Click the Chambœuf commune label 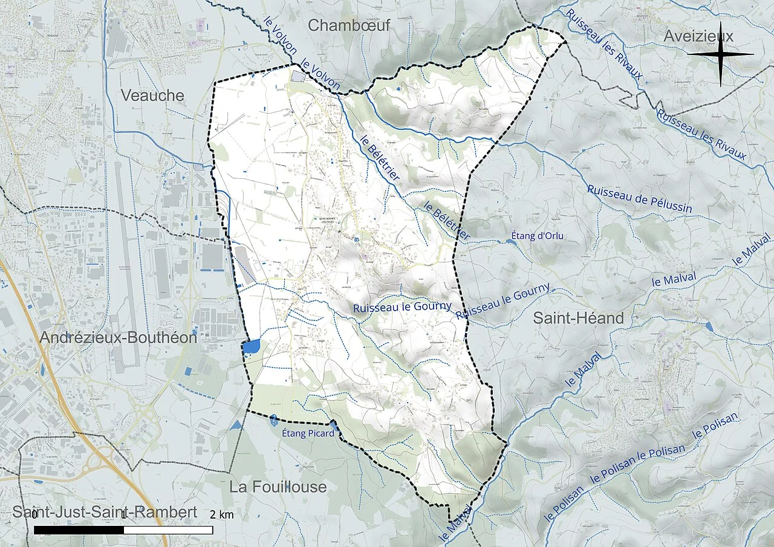[x=349, y=25]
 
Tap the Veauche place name [x=152, y=95]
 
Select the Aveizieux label [x=698, y=36]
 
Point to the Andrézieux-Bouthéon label [x=119, y=338]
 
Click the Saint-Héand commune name [x=578, y=318]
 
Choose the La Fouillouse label [x=278, y=487]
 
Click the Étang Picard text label [x=308, y=433]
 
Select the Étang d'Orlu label [x=537, y=236]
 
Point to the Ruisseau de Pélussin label [x=639, y=198]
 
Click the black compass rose [x=720, y=54]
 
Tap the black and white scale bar [x=123, y=530]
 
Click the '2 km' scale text [x=222, y=515]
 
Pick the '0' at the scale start [x=34, y=515]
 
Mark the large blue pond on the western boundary [x=251, y=346]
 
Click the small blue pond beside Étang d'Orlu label [x=509, y=241]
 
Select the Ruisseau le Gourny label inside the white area [x=402, y=307]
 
